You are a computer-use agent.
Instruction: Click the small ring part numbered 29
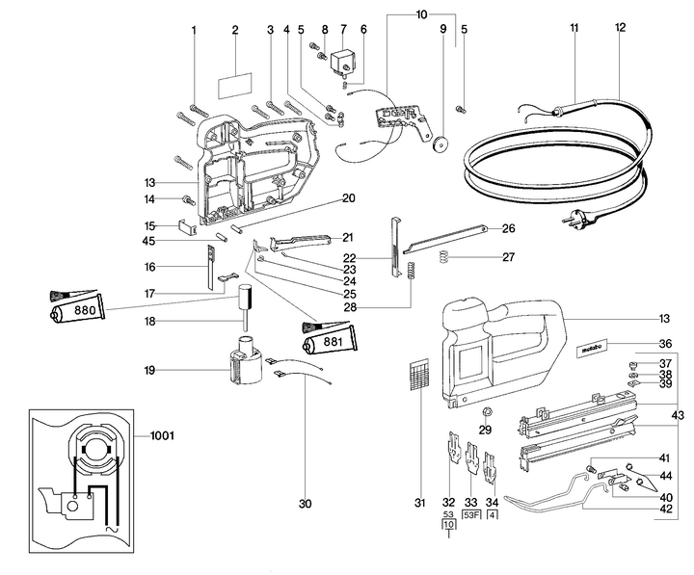486,413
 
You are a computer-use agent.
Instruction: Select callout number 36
664,344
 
